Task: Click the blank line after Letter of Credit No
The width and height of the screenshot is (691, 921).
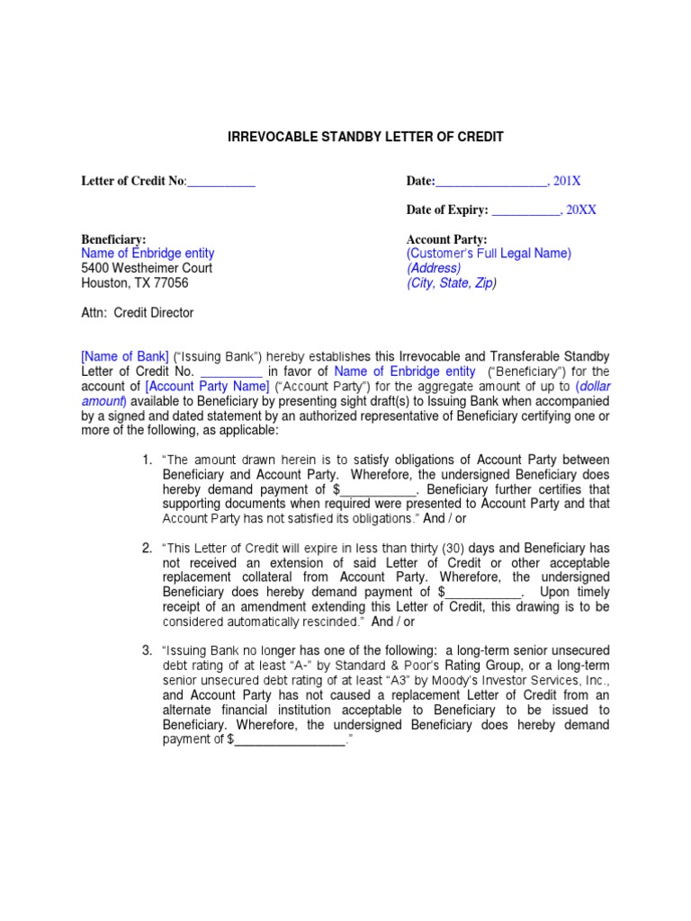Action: [221, 182]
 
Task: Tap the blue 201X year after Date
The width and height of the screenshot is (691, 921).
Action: [567, 182]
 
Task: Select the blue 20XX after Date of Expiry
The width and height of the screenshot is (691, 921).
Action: [580, 210]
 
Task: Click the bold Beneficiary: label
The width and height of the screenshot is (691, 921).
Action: [114, 239]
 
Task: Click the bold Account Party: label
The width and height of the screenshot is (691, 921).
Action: [447, 239]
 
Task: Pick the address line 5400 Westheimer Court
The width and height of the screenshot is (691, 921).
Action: [147, 268]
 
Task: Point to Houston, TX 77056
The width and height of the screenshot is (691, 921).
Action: [135, 282]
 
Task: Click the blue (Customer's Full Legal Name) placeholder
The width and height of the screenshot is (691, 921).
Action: [489, 254]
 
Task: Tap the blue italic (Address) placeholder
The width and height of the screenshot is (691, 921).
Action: [434, 268]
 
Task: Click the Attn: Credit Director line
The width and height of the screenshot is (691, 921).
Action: [138, 313]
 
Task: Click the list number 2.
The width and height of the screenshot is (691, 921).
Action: [147, 548]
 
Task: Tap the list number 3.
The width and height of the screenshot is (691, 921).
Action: [147, 649]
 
